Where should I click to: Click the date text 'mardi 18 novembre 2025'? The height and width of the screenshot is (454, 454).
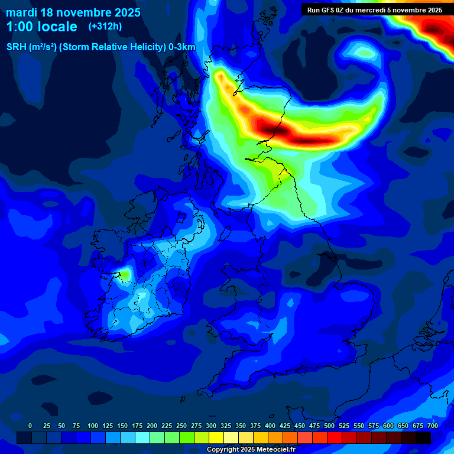[73, 12]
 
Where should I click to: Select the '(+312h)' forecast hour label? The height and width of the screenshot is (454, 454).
[105, 27]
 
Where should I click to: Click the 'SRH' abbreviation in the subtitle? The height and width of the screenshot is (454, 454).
[17, 47]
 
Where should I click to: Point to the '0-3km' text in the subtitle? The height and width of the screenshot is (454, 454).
[181, 47]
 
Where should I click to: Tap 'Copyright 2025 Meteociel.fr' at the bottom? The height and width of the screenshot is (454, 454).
[251, 449]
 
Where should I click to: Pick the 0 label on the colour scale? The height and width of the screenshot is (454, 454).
[30, 426]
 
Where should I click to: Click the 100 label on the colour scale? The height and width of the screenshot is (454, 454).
[93, 426]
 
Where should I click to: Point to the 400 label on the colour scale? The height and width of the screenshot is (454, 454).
[270, 426]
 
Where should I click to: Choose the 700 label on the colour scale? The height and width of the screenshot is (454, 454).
[433, 426]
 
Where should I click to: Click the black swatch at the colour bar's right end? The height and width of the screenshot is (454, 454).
[423, 437]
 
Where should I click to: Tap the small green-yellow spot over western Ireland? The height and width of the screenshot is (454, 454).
[125, 274]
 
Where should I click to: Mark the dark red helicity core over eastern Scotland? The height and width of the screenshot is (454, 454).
[278, 130]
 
